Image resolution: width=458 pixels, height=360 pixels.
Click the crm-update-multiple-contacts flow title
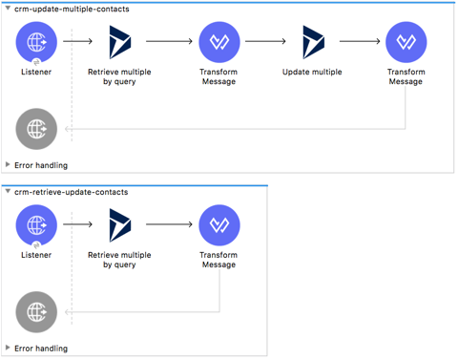tap(73, 9)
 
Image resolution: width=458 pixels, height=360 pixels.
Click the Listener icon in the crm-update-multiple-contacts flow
tap(36, 42)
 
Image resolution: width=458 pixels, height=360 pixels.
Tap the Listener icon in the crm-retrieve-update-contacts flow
tap(36, 225)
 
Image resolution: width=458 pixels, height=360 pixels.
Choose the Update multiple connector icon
tap(313, 42)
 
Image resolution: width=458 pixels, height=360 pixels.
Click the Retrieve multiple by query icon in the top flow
tap(120, 42)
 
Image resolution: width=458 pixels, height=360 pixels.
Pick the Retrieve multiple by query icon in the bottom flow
tap(120, 225)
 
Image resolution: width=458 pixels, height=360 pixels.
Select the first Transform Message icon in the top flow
tap(219, 42)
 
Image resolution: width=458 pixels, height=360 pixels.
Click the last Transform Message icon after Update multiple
tap(406, 42)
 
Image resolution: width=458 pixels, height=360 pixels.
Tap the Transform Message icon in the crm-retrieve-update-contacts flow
tap(219, 225)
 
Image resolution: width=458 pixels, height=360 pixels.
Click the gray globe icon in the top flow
tap(36, 128)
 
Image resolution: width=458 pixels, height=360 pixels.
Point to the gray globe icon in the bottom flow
tap(36, 312)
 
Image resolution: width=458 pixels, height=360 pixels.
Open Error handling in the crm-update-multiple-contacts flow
tap(41, 165)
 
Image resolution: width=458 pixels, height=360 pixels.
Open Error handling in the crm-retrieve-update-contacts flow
tap(41, 349)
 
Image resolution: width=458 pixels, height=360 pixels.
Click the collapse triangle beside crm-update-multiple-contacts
tap(8, 9)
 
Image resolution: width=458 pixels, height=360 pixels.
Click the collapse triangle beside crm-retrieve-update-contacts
tap(8, 192)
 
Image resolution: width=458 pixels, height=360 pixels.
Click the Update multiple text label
tap(313, 72)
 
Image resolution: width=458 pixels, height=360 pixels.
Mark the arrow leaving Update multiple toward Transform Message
tap(360, 42)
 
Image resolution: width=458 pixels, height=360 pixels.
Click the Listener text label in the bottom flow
tap(36, 255)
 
